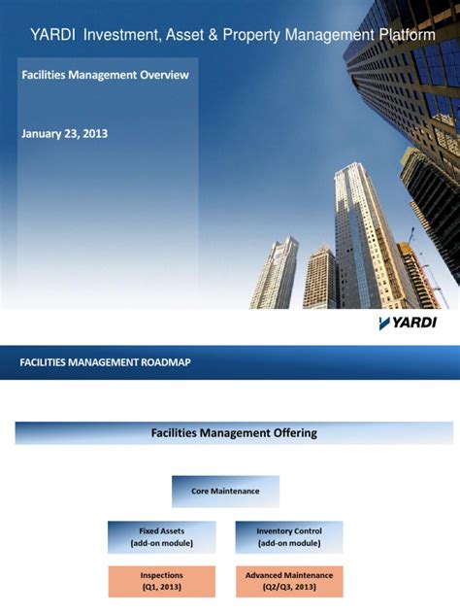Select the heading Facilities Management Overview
[x=105, y=75]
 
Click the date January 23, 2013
[x=64, y=133]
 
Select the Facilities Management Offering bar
[x=234, y=433]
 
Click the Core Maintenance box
[x=225, y=492]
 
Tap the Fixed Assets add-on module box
[x=161, y=537]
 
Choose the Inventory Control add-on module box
[x=288, y=537]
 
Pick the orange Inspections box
[x=161, y=581]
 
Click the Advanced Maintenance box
[x=288, y=581]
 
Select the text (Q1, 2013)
[x=161, y=588]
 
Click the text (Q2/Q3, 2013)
[x=288, y=588]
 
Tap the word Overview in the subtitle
[x=162, y=75]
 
